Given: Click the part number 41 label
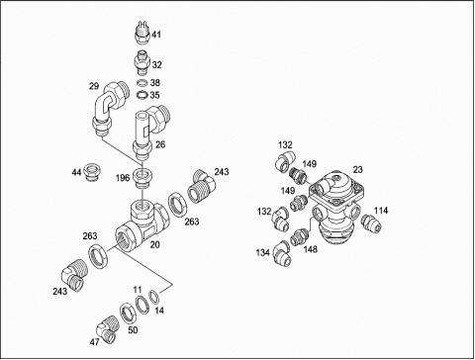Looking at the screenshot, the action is [156, 35].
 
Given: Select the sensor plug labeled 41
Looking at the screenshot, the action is [143, 33].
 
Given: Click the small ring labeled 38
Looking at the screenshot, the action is [142, 82].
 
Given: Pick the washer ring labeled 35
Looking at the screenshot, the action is [142, 95].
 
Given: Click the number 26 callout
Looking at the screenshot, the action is [160, 144].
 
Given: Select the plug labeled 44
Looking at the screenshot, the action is [93, 172].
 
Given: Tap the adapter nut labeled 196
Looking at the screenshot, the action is [142, 175].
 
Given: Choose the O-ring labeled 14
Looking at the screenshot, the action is [154, 297].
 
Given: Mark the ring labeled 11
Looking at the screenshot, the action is [142, 305].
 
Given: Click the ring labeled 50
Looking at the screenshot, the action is [127, 313].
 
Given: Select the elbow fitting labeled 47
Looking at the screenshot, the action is [107, 329].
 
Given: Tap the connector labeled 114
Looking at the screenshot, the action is [371, 223].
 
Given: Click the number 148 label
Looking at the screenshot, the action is [311, 249].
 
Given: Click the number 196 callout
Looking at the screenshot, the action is [123, 178].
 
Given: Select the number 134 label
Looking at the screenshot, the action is [263, 253].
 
